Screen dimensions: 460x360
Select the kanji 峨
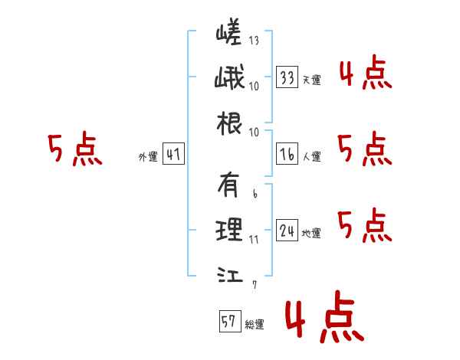click(x=229, y=77)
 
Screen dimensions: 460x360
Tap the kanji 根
click(x=229, y=123)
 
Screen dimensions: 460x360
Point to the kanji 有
click(x=228, y=185)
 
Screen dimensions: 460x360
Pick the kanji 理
click(x=229, y=230)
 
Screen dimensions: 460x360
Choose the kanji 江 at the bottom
click(x=230, y=275)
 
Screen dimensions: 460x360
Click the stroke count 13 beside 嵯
click(x=254, y=40)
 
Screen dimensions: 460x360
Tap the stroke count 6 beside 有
click(x=255, y=193)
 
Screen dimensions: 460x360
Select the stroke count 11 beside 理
click(x=254, y=240)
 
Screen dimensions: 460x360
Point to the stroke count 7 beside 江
click(x=255, y=285)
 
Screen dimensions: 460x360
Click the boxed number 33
click(x=287, y=77)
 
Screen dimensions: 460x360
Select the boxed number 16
click(x=287, y=154)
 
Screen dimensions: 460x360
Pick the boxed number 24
click(x=287, y=230)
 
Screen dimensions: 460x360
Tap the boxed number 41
click(x=173, y=154)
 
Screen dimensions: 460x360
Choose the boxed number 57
click(x=230, y=321)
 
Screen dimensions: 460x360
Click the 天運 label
click(x=311, y=80)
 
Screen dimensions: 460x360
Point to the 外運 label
click(x=148, y=157)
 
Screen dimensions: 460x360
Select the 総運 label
click(x=255, y=325)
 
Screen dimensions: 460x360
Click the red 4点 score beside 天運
click(x=366, y=73)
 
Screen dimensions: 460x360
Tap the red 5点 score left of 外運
click(x=75, y=149)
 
